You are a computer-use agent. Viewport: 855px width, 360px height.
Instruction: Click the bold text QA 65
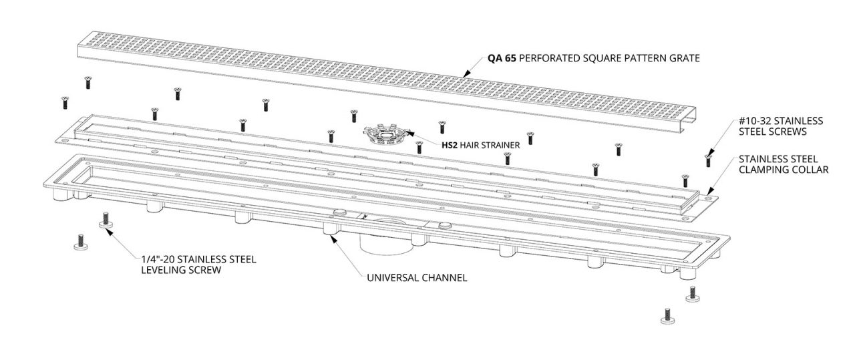click(x=500, y=59)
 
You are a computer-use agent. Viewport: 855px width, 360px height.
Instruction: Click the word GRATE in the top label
click(x=684, y=59)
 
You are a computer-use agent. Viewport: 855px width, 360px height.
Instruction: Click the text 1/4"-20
click(x=158, y=259)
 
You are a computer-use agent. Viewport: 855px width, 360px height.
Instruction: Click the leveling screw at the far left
click(x=81, y=242)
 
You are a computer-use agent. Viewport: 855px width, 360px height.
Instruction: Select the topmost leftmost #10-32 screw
click(x=87, y=83)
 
